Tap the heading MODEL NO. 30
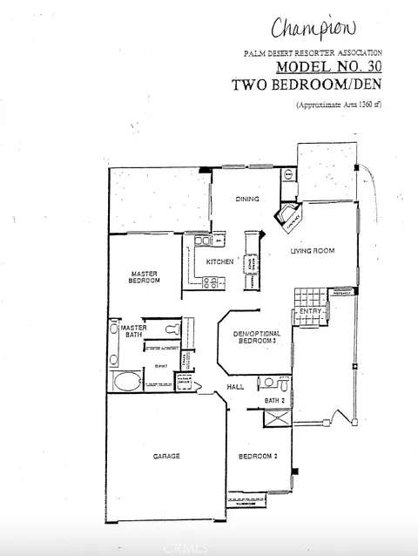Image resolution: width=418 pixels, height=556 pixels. (x=329, y=66)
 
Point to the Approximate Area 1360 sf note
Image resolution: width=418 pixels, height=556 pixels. (x=339, y=105)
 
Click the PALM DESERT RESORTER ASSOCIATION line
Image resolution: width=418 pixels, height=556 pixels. (x=313, y=53)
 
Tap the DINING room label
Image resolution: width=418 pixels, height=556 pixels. (x=247, y=199)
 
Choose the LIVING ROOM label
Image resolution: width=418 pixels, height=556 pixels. (x=313, y=251)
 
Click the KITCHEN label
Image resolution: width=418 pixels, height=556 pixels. (x=218, y=261)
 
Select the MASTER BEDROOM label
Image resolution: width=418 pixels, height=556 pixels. (x=144, y=276)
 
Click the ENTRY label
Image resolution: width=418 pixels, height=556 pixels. (x=311, y=311)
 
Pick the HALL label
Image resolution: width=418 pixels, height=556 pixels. (x=235, y=386)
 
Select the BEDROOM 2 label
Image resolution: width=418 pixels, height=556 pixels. (x=258, y=456)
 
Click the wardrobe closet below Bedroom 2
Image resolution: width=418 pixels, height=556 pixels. (x=246, y=500)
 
